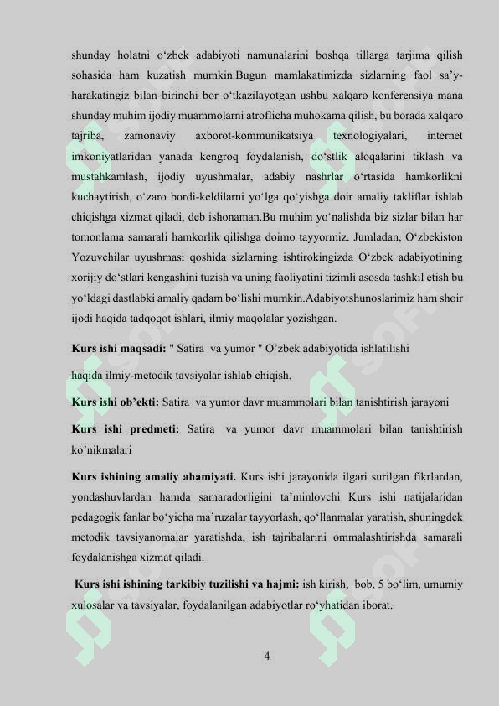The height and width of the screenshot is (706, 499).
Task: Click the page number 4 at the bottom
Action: (266, 655)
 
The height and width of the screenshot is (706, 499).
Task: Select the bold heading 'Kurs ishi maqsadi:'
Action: (118, 349)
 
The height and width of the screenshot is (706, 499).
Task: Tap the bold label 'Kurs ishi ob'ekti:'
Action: (116, 401)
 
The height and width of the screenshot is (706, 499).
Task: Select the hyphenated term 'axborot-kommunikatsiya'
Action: (254, 134)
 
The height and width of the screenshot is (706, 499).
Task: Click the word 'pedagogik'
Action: (98, 517)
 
